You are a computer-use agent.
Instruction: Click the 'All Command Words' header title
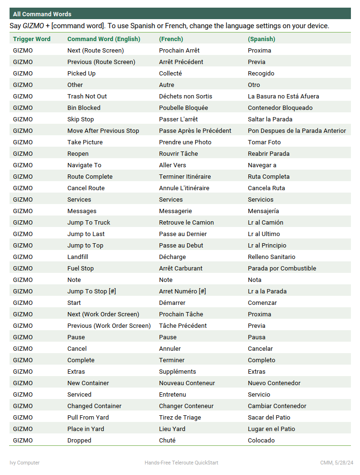(42, 14)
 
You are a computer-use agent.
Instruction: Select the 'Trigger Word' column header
(32, 39)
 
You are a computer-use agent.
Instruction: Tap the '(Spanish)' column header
(261, 39)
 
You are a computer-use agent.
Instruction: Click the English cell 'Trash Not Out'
(87, 97)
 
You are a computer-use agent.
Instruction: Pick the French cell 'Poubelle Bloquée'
(183, 108)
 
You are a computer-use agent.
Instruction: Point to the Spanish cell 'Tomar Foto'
(264, 142)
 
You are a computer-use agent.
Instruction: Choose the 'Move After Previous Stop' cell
(103, 131)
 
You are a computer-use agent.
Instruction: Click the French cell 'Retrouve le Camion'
(186, 223)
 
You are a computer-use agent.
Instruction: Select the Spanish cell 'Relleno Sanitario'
(271, 257)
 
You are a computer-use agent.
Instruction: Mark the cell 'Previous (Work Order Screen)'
(109, 326)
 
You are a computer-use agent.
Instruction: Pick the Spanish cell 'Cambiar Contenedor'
(277, 406)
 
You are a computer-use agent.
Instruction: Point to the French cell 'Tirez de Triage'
(180, 418)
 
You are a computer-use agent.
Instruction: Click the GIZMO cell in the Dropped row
(23, 441)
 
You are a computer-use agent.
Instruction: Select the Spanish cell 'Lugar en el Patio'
(271, 429)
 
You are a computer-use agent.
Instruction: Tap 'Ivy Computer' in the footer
(25, 463)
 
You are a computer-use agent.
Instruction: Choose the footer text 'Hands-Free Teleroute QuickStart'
(181, 463)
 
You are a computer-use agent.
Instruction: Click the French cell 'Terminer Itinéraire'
(185, 177)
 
